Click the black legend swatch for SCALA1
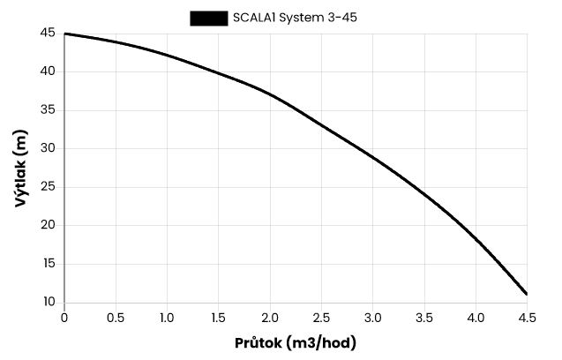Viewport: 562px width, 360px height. (x=208, y=17)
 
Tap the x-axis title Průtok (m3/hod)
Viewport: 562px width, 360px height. (x=296, y=342)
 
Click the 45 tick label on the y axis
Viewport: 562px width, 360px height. (x=47, y=34)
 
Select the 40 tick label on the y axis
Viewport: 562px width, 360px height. (x=47, y=71)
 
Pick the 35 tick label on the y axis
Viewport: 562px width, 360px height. (x=47, y=110)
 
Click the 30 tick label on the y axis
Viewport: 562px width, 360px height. (x=47, y=148)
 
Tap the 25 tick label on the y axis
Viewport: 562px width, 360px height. (x=47, y=187)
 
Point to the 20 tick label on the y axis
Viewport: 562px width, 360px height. (x=47, y=225)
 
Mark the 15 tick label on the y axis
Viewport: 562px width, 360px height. (x=47, y=264)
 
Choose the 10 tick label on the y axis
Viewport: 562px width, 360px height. (x=47, y=302)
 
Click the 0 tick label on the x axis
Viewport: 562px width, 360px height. (x=64, y=317)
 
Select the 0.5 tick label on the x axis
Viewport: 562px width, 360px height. (x=116, y=317)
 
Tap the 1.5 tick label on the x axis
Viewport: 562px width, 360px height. (x=219, y=317)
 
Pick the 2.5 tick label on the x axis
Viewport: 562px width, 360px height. (x=321, y=317)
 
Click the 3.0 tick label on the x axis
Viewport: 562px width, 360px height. (x=373, y=317)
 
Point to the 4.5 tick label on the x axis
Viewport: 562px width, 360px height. (x=527, y=317)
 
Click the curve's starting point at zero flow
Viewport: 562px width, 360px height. (x=65, y=34)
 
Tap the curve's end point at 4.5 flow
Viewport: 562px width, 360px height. (x=527, y=294)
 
